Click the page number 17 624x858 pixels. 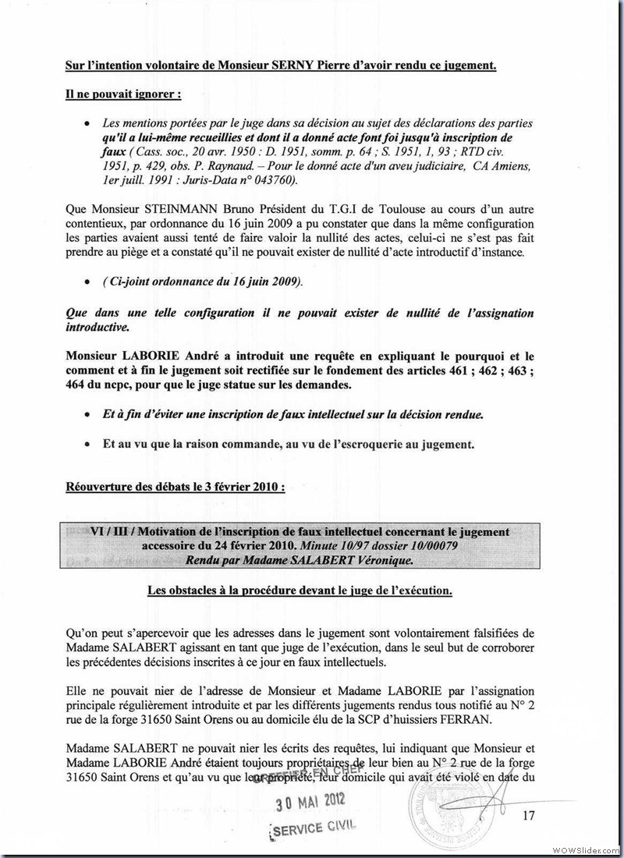[x=528, y=816]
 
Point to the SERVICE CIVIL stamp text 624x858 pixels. [x=314, y=827]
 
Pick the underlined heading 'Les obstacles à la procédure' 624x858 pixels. [x=300, y=590]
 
